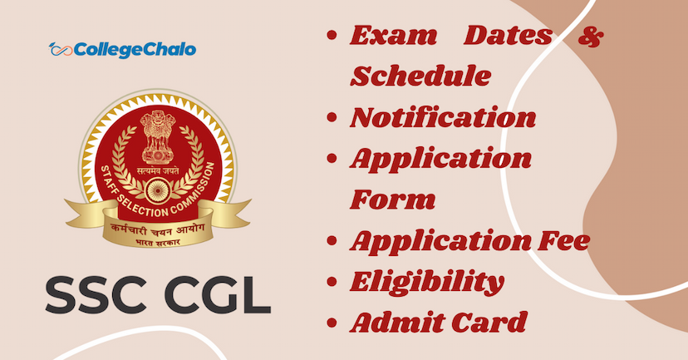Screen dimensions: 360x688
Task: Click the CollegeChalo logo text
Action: (x=134, y=50)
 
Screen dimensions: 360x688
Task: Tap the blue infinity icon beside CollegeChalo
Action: (x=60, y=50)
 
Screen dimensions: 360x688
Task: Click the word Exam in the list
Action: (x=393, y=37)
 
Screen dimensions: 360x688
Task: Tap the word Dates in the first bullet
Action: (x=508, y=37)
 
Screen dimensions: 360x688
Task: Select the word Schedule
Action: (x=420, y=76)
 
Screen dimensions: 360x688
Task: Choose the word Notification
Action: (x=442, y=118)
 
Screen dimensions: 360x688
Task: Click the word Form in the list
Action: (x=393, y=200)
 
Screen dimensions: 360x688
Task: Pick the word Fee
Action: (x=566, y=240)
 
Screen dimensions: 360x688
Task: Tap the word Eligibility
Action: (x=426, y=282)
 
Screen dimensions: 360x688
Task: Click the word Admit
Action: (x=397, y=322)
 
